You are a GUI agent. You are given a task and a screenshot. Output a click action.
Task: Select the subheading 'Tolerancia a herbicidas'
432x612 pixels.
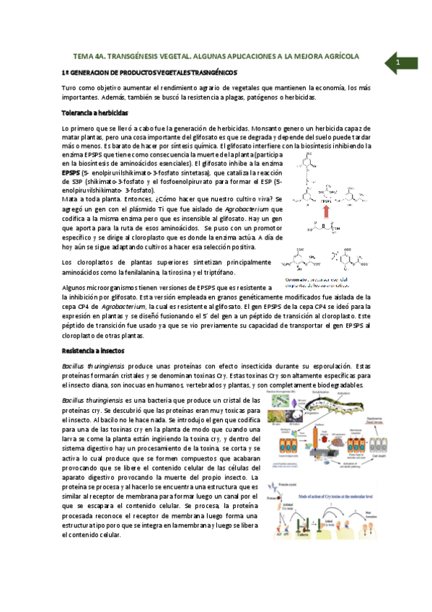click(x=95, y=113)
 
